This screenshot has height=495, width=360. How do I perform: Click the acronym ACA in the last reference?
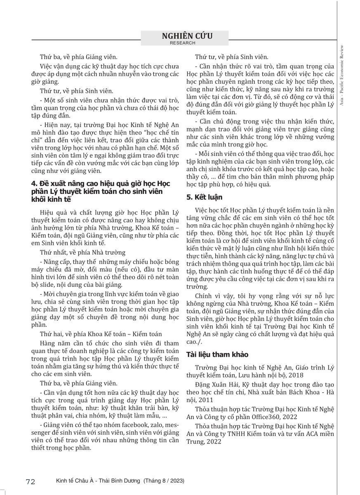click(x=306, y=434)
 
